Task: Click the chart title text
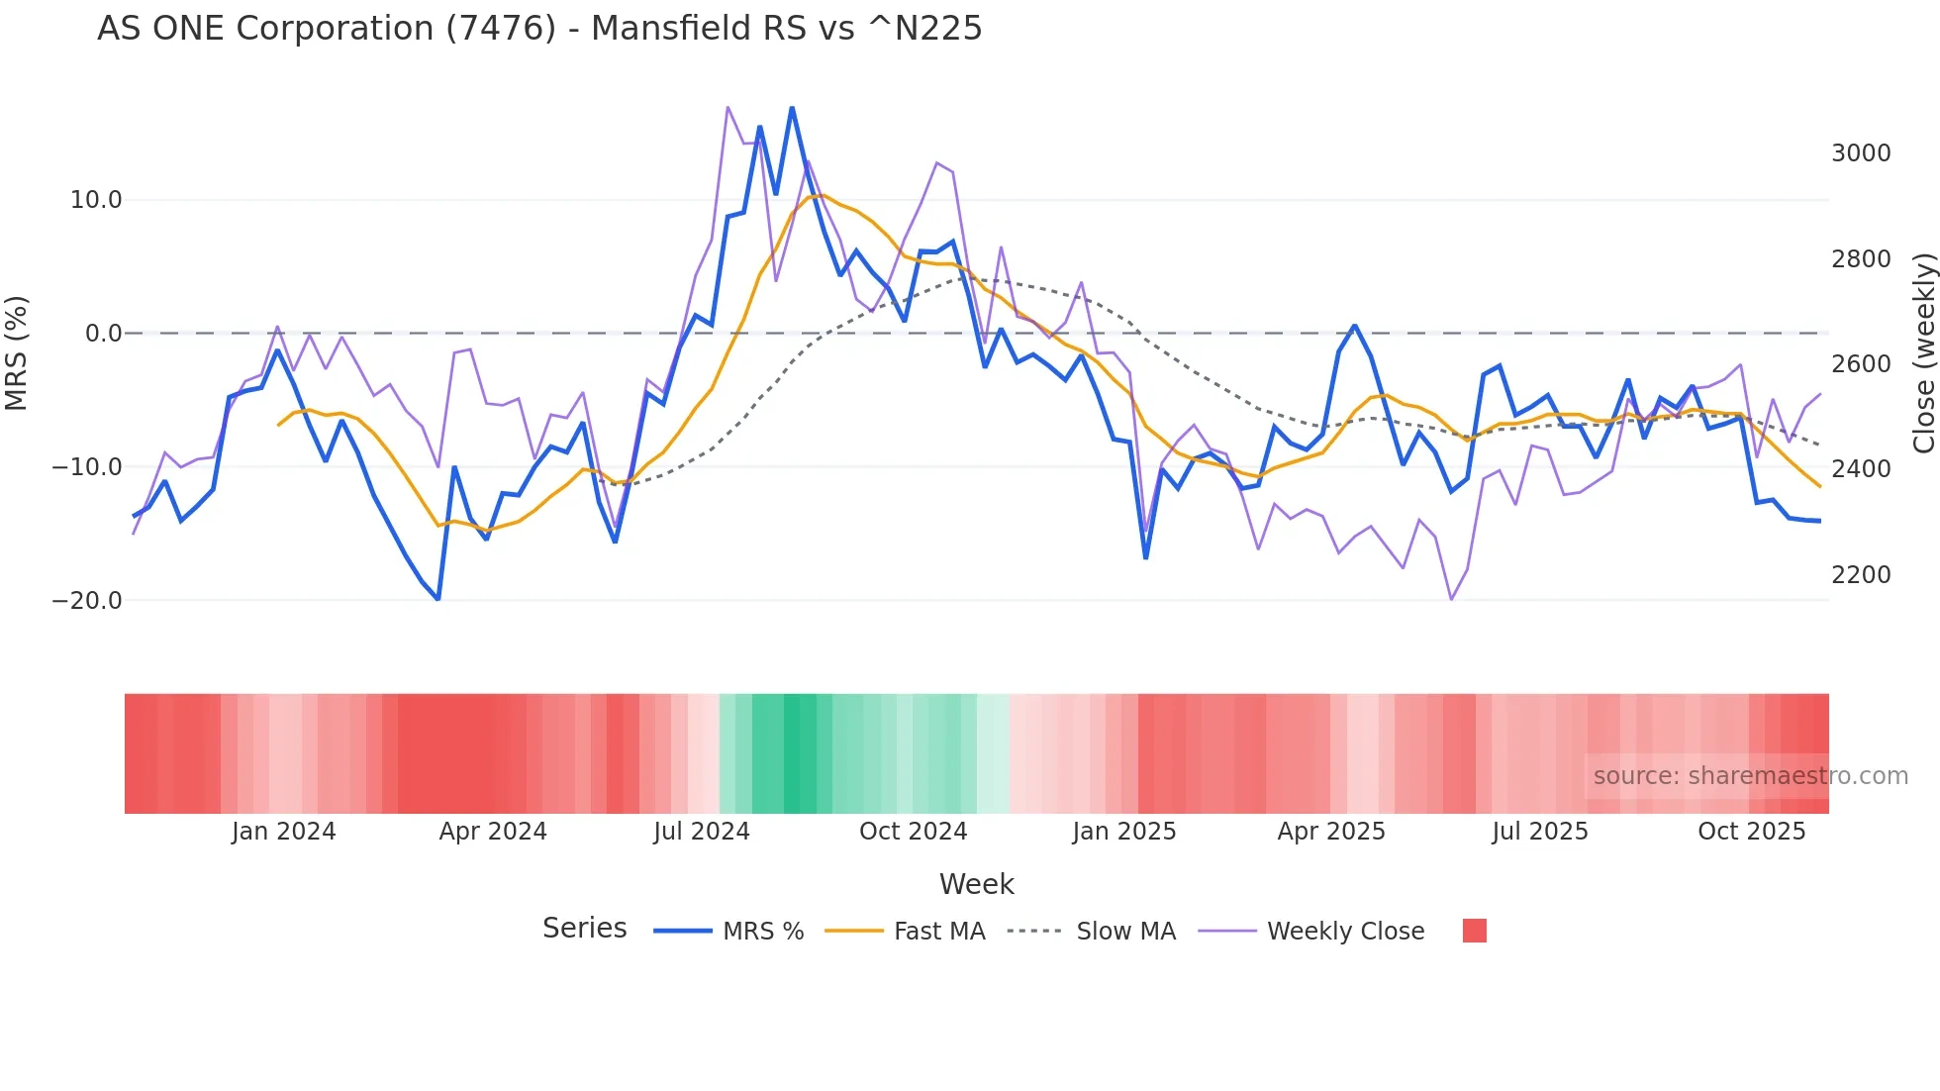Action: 539,29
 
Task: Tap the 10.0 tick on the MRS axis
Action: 96,200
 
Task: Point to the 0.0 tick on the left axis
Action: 103,334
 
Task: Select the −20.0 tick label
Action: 87,601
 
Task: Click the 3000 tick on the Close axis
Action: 1861,153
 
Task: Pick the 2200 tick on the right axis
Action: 1861,575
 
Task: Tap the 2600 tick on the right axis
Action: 1861,364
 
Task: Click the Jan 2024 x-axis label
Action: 284,832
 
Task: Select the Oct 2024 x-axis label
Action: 913,832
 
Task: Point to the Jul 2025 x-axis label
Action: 1540,832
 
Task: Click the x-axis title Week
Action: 976,884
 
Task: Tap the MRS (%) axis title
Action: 17,352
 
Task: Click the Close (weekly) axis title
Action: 1923,353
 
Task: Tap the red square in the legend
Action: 1475,931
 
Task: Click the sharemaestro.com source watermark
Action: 1750,776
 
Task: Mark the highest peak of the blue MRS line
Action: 792,108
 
